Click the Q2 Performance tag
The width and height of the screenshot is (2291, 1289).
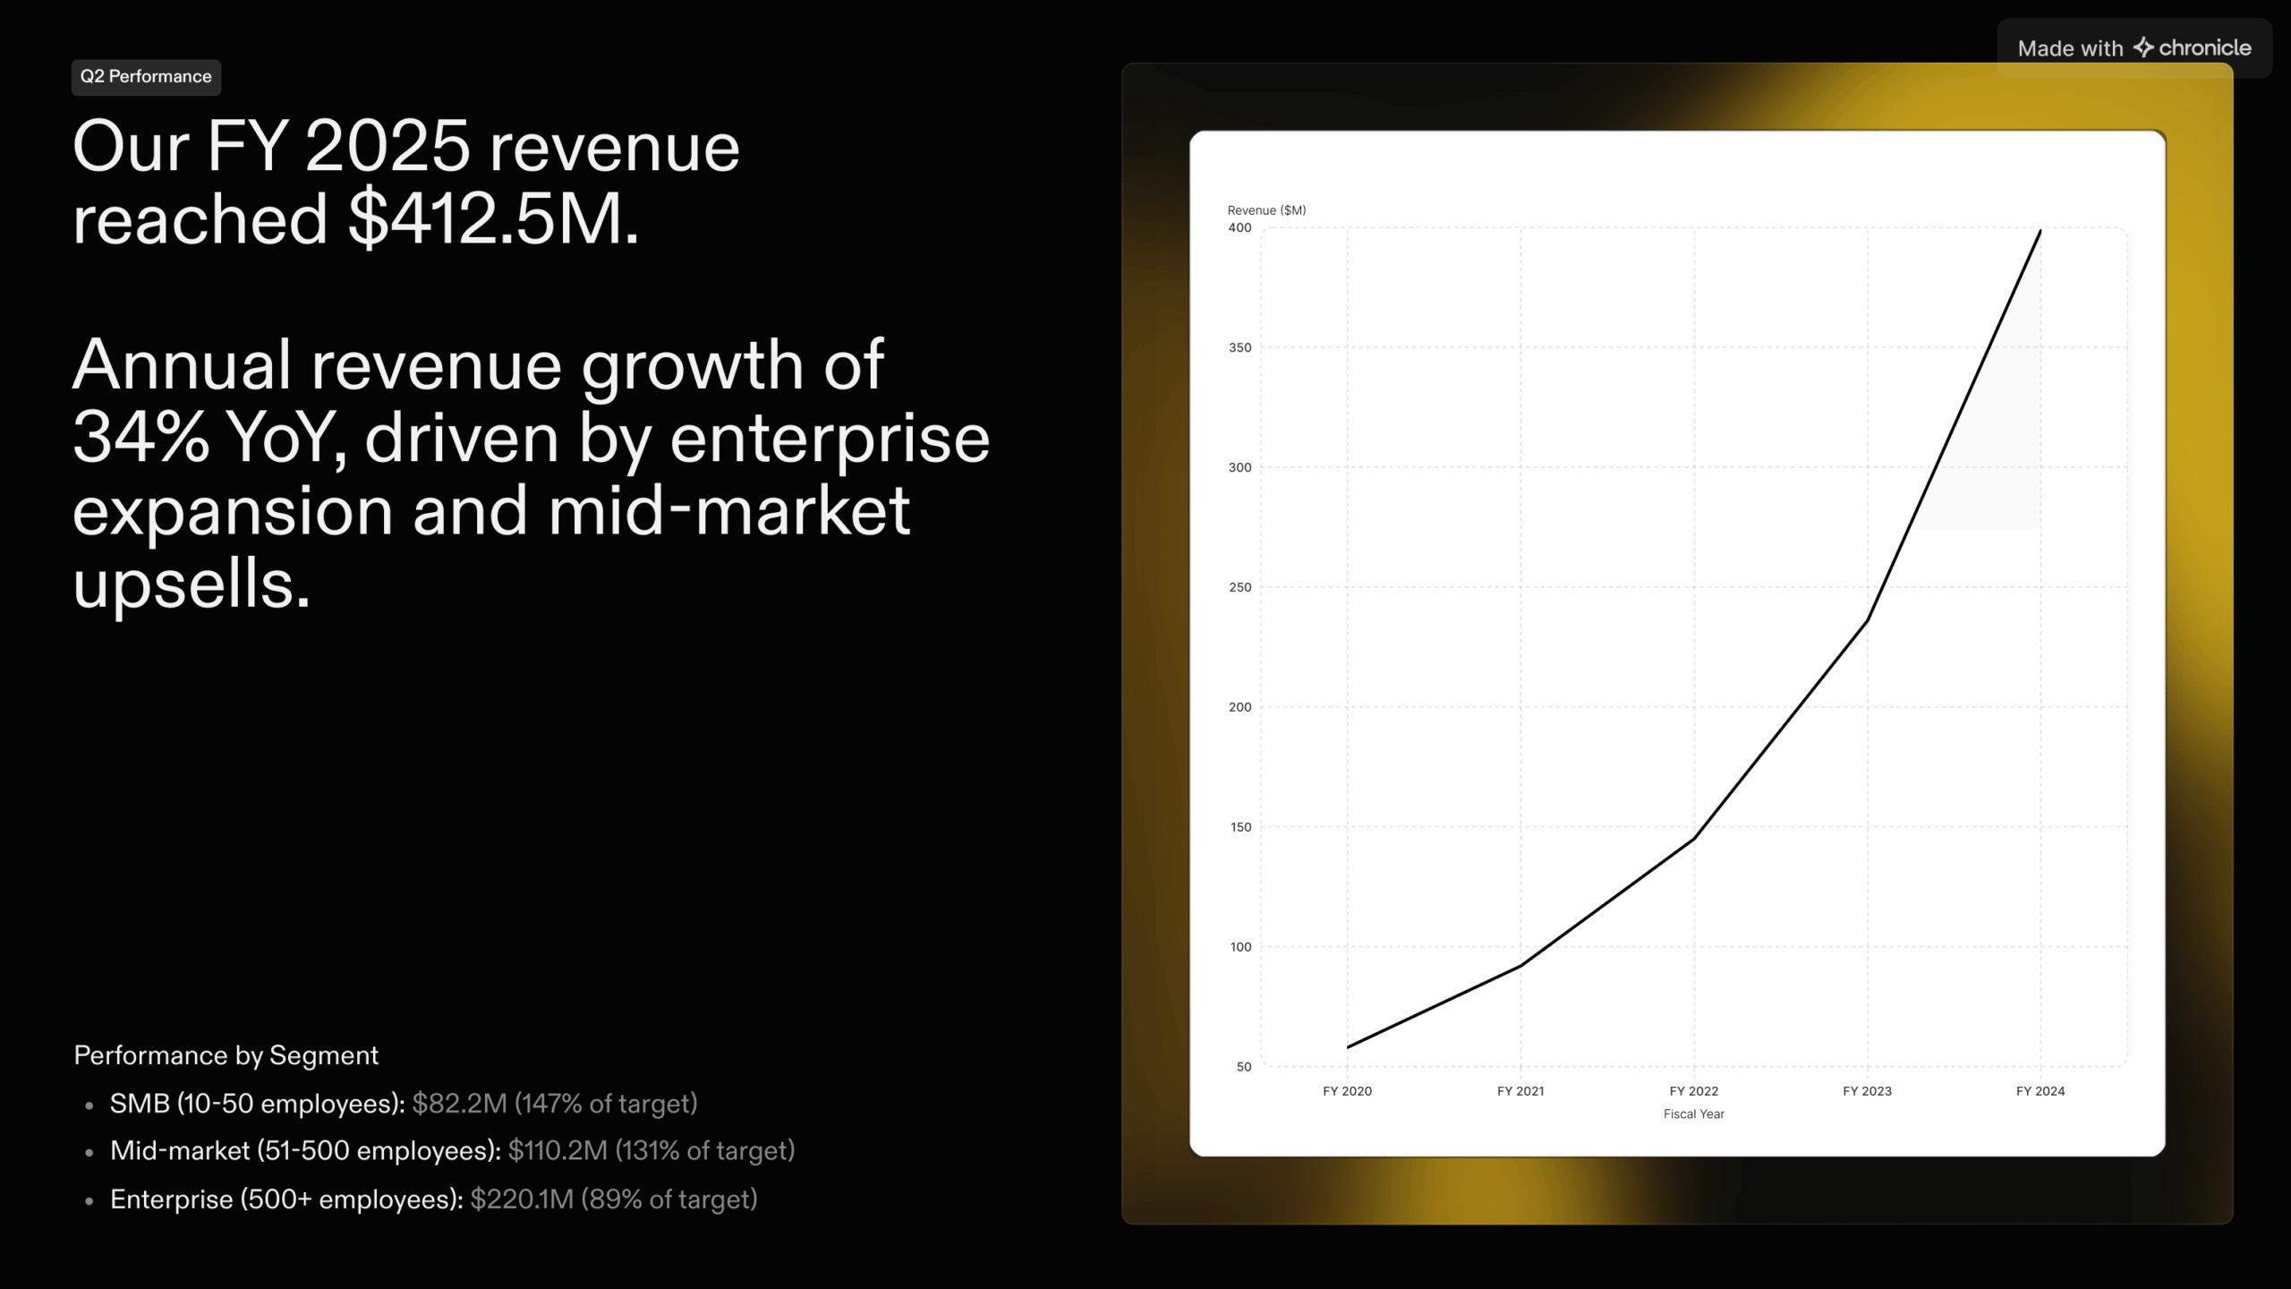tap(146, 77)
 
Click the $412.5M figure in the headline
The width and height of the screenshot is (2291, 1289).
tap(493, 220)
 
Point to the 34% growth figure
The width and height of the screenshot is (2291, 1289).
tap(141, 439)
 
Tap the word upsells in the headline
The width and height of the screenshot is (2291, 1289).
tap(191, 584)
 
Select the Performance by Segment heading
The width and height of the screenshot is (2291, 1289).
tap(226, 1055)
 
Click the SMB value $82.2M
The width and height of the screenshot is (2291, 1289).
tap(459, 1104)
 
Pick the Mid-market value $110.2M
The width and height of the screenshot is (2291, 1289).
tap(558, 1150)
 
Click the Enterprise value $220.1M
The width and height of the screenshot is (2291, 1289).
tap(522, 1199)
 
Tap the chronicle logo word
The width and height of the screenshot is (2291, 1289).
tap(2204, 48)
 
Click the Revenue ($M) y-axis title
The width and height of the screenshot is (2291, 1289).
tap(1266, 210)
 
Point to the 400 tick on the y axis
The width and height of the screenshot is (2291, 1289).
tap(1239, 228)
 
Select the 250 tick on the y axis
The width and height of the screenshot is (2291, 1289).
tap(1239, 587)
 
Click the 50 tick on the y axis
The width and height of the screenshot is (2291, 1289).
tap(1243, 1067)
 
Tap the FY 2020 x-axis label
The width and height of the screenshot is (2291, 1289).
tap(1347, 1091)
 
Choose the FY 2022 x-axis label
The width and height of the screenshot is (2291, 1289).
tap(1693, 1091)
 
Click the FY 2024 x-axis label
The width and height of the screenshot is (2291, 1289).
tap(2040, 1091)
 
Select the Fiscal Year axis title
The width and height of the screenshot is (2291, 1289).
tap(1693, 1114)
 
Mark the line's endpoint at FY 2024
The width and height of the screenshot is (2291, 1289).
tap(2040, 231)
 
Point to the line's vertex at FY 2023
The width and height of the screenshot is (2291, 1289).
tap(1867, 620)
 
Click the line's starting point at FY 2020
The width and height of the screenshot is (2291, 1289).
tap(1348, 1047)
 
